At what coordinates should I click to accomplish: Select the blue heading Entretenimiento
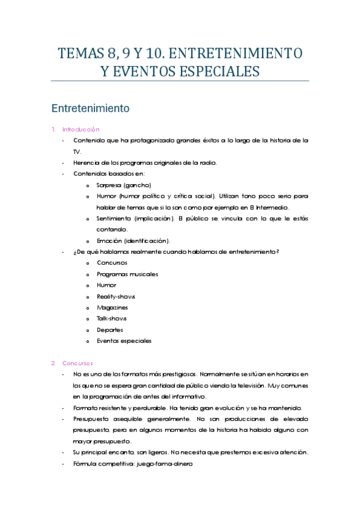click(91, 109)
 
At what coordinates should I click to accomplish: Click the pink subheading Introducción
click(81, 129)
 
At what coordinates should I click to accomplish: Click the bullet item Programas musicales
click(127, 274)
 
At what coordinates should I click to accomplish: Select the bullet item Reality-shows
click(116, 296)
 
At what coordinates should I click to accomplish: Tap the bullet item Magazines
click(112, 307)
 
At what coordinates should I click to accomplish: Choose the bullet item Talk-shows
click(112, 319)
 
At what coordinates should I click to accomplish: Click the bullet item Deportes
click(110, 330)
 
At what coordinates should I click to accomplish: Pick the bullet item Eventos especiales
click(124, 341)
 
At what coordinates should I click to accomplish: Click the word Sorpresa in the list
click(109, 185)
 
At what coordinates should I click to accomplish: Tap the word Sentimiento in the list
click(114, 218)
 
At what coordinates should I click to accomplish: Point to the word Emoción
click(109, 241)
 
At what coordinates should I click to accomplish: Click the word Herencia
click(85, 162)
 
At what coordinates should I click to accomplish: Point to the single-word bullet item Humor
click(106, 285)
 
